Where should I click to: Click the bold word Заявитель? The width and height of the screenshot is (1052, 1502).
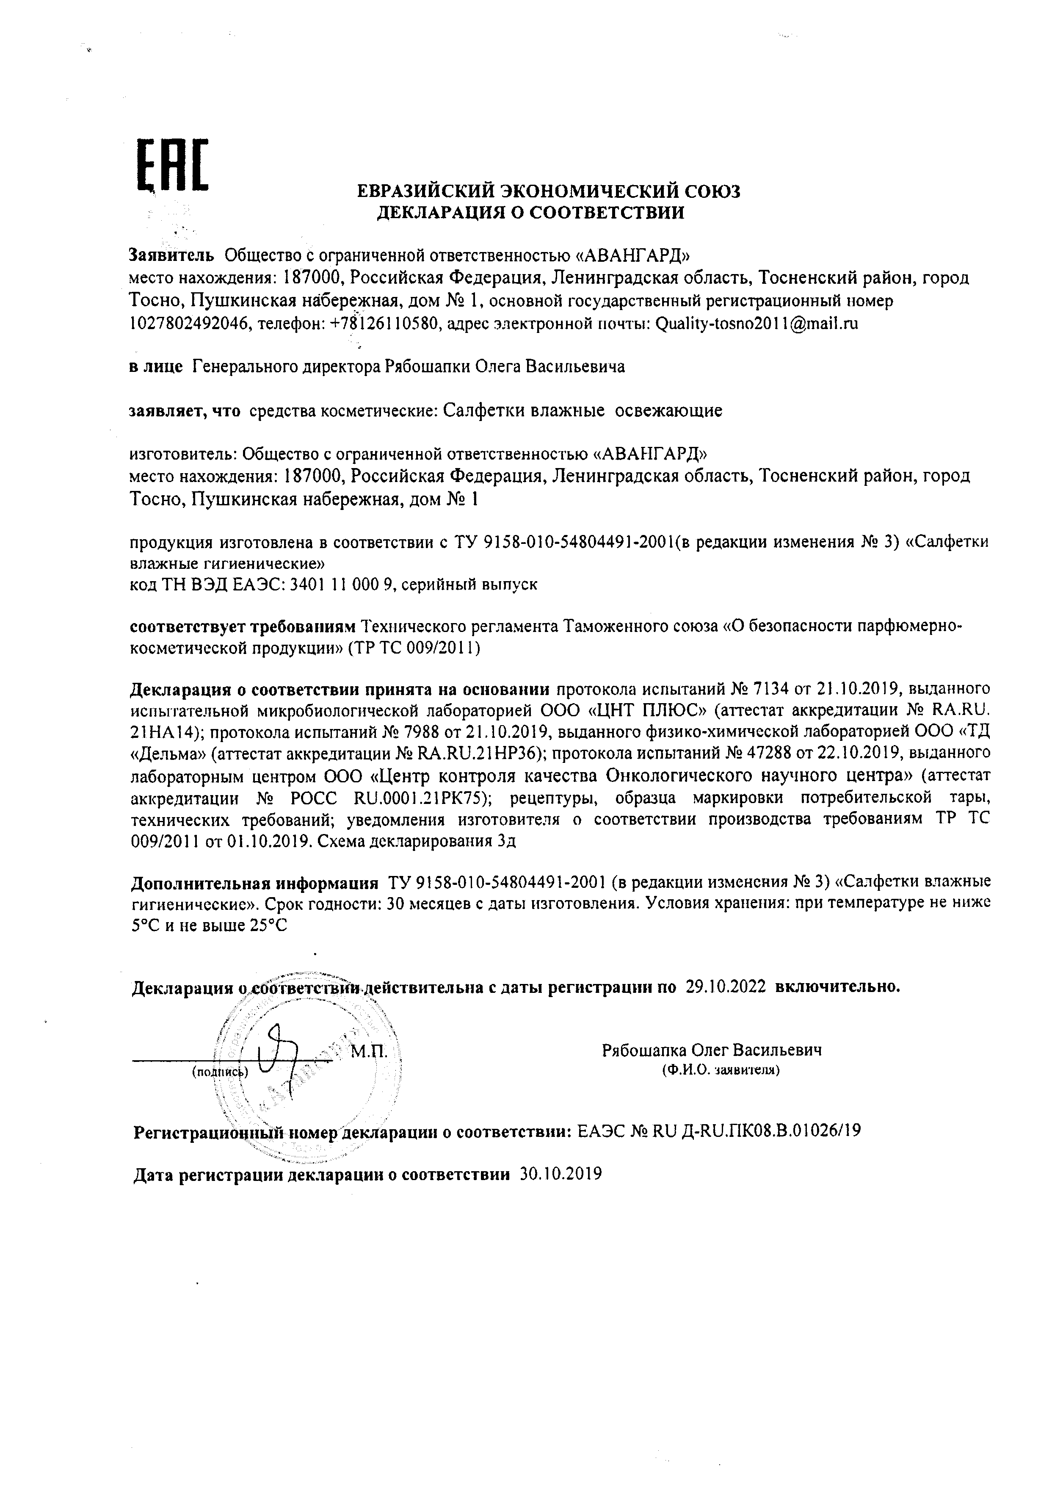click(172, 254)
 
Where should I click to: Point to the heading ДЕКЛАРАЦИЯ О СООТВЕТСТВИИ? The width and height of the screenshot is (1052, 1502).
click(531, 212)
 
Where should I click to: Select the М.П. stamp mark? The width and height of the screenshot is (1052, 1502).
click(370, 1052)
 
